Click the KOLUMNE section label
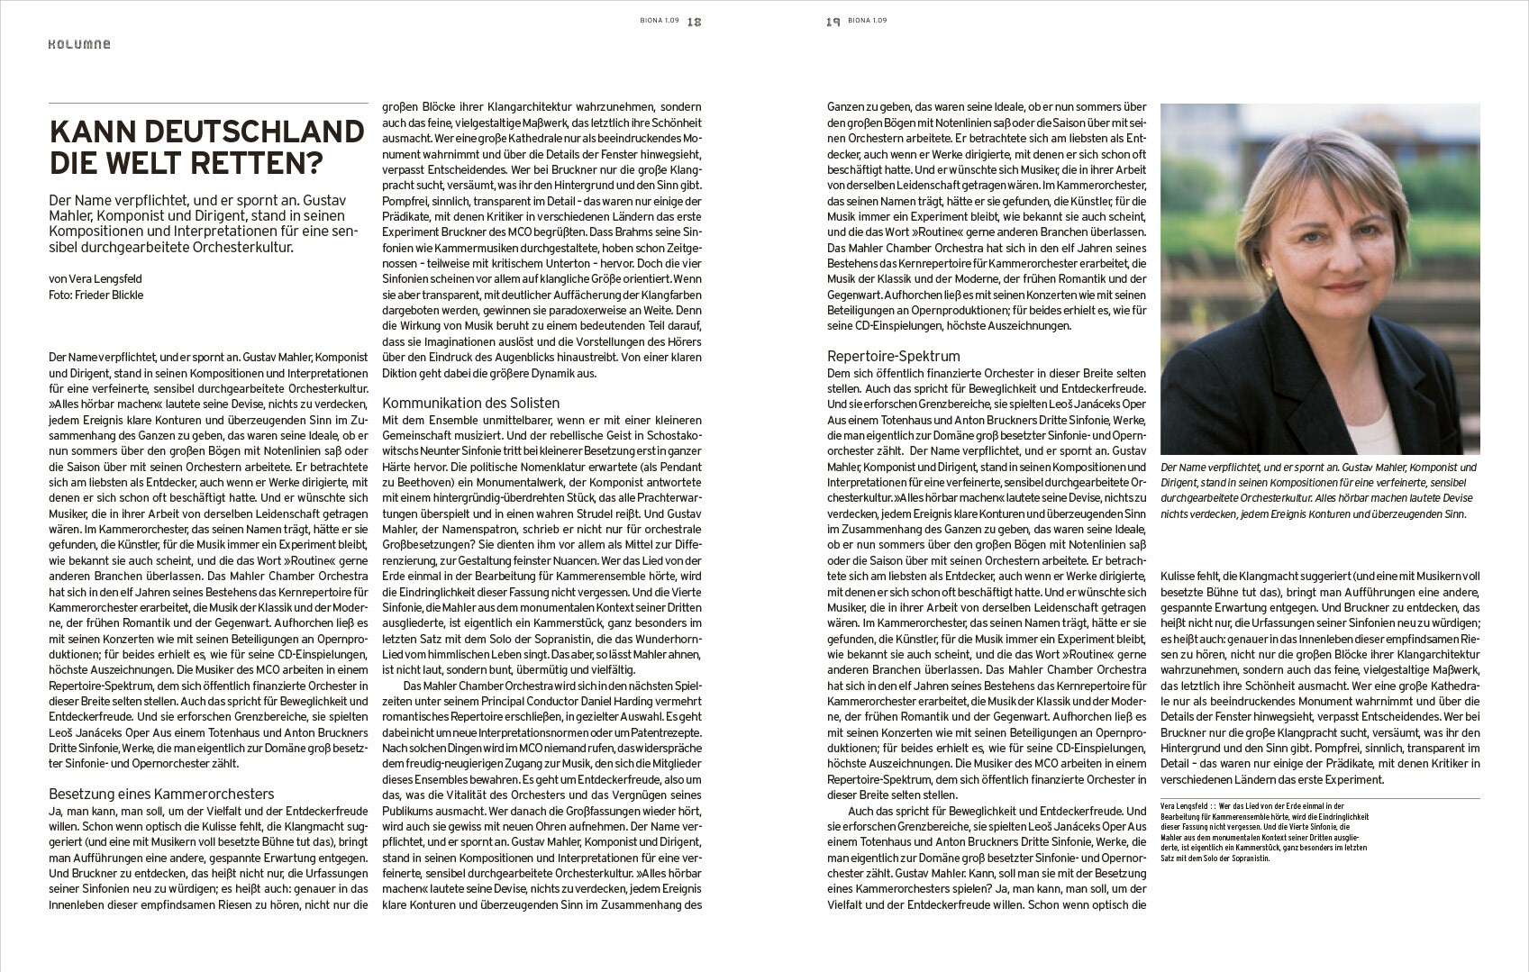79,44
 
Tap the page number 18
694,22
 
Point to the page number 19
833,22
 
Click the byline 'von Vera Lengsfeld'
96,279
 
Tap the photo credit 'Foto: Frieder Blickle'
96,295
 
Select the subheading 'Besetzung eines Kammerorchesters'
161,795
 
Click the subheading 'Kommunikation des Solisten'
471,404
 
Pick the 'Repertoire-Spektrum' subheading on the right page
894,357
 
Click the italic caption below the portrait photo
1319,491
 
